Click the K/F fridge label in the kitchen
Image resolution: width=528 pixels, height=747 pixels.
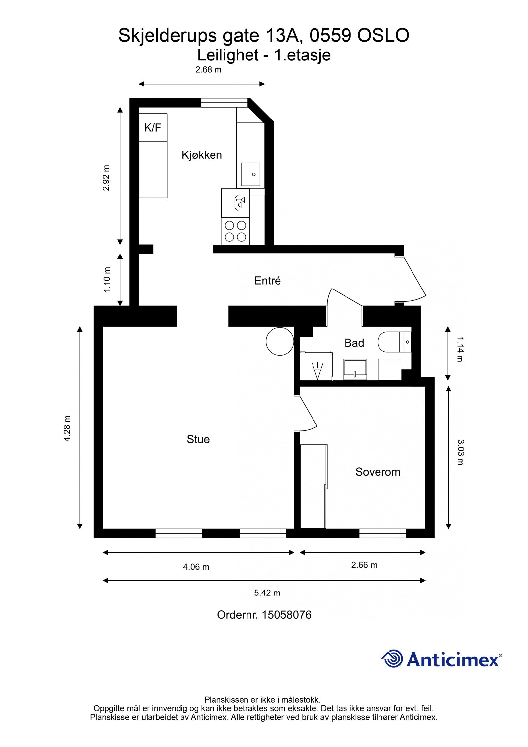tap(152, 128)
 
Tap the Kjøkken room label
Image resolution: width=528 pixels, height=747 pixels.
tap(202, 155)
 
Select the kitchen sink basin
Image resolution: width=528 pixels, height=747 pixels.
tap(250, 174)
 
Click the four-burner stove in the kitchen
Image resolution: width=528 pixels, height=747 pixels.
tap(235, 231)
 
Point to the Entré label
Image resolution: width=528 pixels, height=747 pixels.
tap(267, 281)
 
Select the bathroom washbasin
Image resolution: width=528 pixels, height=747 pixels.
tap(355, 369)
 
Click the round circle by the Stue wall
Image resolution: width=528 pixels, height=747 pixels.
tap(280, 341)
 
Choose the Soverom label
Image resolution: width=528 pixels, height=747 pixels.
tap(378, 472)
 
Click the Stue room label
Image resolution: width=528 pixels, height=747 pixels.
tap(198, 439)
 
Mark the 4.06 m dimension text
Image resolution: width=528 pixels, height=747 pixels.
tap(196, 567)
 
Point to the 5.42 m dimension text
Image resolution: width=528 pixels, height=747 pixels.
tap(267, 593)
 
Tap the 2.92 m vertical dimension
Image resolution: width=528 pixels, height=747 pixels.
tap(106, 178)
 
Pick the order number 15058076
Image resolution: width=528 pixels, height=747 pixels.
tap(286, 615)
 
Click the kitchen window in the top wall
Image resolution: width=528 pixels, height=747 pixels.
tap(224, 103)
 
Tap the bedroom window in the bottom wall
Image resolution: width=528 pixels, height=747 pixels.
tap(382, 533)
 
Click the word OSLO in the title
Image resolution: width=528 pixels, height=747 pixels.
tap(383, 35)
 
